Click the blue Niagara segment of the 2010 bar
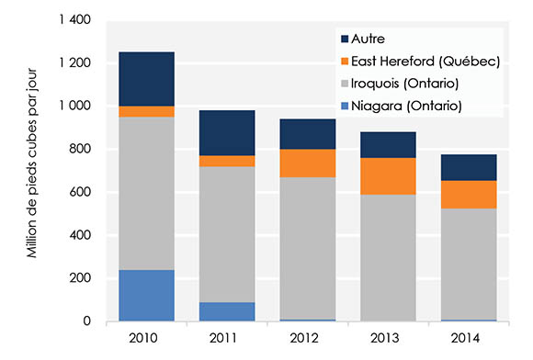(x=146, y=296)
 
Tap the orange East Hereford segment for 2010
(x=146, y=111)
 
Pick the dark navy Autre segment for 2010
(x=146, y=79)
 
